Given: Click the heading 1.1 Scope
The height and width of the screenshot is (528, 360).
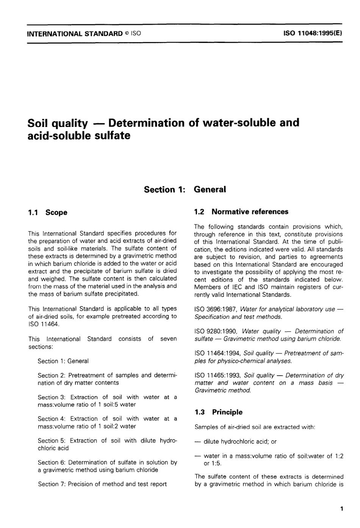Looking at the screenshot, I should pyautogui.click(x=48, y=213).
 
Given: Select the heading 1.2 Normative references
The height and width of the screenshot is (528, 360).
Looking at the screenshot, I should pyautogui.click(x=241, y=212).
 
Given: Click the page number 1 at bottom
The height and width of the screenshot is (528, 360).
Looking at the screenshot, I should pyautogui.click(x=341, y=509).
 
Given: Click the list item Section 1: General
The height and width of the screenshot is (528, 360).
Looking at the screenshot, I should pyautogui.click(x=63, y=361).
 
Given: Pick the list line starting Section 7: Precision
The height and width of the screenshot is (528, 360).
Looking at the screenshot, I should pyautogui.click(x=102, y=484).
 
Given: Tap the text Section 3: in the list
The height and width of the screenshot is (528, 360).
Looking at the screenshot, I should pyautogui.click(x=52, y=397).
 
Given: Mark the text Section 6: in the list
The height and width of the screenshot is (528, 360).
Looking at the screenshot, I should pyautogui.click(x=52, y=462).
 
